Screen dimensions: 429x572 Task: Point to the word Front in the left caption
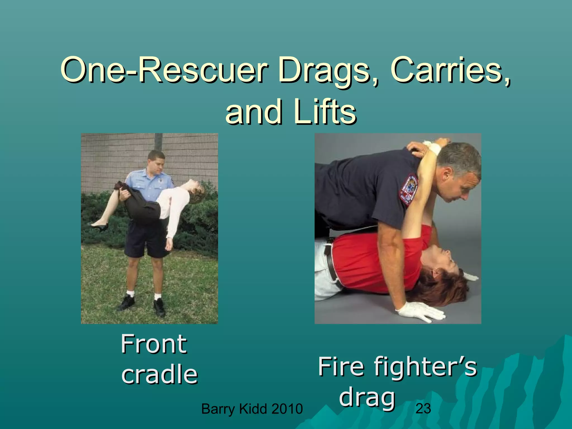pyautogui.click(x=154, y=344)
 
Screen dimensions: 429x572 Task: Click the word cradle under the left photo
pyautogui.click(x=159, y=374)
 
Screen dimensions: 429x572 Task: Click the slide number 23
pyautogui.click(x=423, y=409)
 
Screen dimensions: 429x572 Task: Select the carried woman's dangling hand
pyautogui.click(x=169, y=245)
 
